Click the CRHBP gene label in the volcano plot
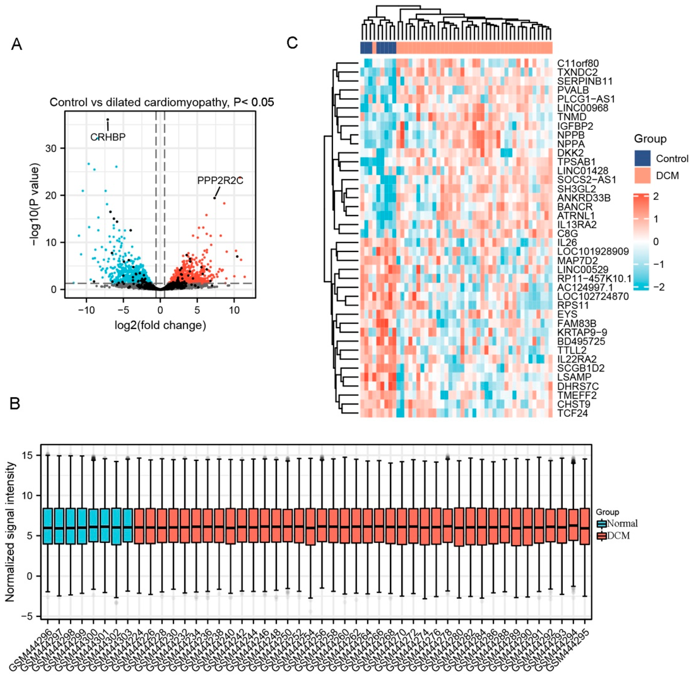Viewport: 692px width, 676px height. [x=108, y=137]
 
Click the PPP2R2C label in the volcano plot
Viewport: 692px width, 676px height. [x=220, y=181]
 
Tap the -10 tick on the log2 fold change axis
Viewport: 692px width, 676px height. [x=86, y=310]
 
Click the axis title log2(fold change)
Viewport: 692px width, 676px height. [x=160, y=325]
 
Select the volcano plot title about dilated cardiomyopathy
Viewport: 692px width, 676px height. [x=162, y=103]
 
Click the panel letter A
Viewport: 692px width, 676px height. [x=17, y=45]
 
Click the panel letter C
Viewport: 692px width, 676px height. [x=292, y=43]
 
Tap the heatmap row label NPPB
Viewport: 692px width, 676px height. [x=571, y=135]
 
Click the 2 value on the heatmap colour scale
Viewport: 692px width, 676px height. [x=656, y=196]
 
